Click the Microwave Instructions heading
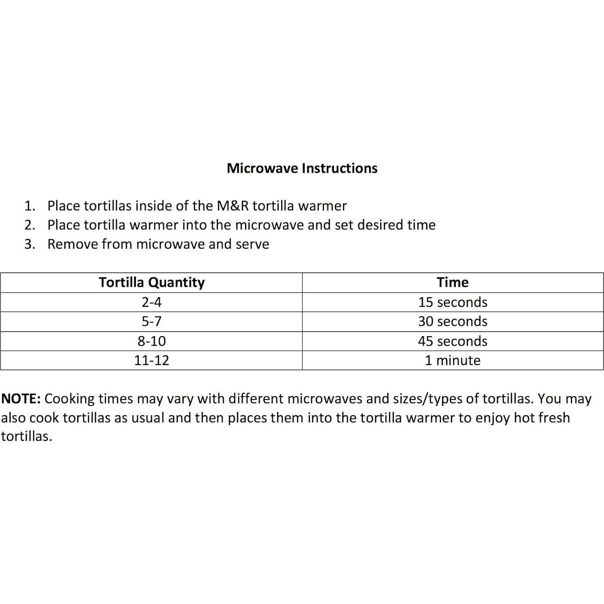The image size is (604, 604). click(302, 168)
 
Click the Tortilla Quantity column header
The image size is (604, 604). click(152, 282)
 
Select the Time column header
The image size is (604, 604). click(452, 282)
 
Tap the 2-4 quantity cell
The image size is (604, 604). click(152, 302)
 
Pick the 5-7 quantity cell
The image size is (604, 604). click(152, 322)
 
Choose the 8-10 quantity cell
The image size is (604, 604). click(152, 341)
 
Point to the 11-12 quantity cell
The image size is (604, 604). click(152, 360)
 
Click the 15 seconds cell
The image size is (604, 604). click(452, 302)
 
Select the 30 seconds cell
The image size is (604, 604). click(452, 322)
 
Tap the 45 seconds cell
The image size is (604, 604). click(452, 341)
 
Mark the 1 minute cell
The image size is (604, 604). click(452, 360)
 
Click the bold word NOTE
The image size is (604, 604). click(21, 399)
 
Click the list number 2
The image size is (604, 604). click(29, 225)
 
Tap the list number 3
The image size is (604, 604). click(29, 245)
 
